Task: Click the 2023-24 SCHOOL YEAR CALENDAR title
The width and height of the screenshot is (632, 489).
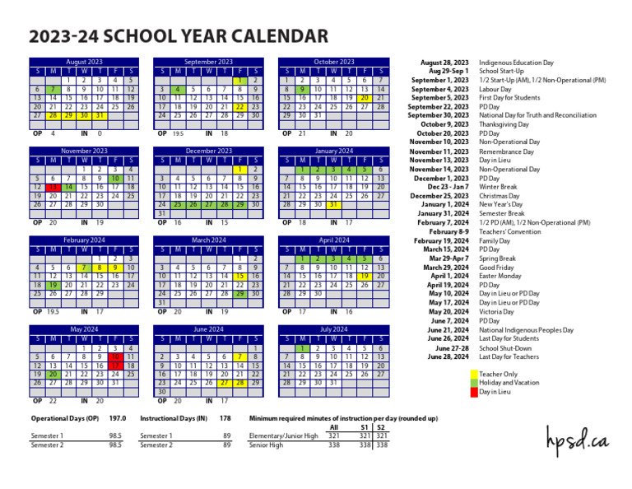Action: point(179,36)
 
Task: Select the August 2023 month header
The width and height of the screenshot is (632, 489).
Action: point(84,63)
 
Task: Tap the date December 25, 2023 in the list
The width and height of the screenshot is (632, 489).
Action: point(440,196)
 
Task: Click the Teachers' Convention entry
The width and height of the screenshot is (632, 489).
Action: point(509,231)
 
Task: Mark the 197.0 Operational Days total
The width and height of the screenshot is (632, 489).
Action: point(118,418)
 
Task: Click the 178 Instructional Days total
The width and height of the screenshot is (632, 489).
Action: point(225,418)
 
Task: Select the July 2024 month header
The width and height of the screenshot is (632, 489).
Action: point(333,330)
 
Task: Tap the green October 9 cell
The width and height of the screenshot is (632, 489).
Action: point(302,89)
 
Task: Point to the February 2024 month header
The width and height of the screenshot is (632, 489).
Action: point(84,240)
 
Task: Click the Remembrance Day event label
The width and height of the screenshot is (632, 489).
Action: point(507,151)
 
